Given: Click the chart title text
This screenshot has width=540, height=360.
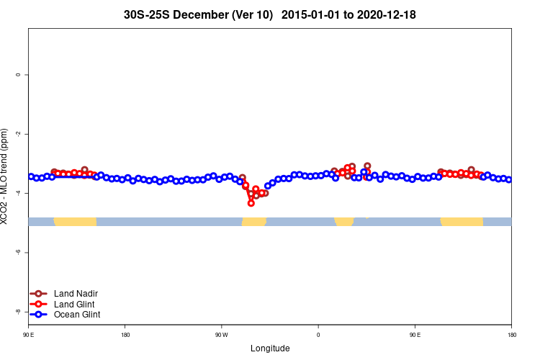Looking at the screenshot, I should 269,14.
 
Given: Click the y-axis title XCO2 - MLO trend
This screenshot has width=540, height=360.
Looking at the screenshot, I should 6,176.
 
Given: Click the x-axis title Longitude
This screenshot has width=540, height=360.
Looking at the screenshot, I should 270,348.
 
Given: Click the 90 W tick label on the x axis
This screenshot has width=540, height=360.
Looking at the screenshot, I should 221,335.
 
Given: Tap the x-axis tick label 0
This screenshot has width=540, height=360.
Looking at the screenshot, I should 318,335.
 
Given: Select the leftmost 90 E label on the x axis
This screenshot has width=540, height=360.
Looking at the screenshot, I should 29,335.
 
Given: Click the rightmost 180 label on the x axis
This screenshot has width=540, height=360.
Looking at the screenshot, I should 511,335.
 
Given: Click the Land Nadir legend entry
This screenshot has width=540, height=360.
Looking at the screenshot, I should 76,294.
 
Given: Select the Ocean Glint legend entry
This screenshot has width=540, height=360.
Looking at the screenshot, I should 77,315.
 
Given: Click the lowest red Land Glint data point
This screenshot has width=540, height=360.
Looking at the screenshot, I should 251,203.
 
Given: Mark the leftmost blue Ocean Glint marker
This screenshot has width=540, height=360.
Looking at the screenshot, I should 31,176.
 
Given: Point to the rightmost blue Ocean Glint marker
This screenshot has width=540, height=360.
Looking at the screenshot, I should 508,180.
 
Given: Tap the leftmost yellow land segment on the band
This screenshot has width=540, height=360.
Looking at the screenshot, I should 75,221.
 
